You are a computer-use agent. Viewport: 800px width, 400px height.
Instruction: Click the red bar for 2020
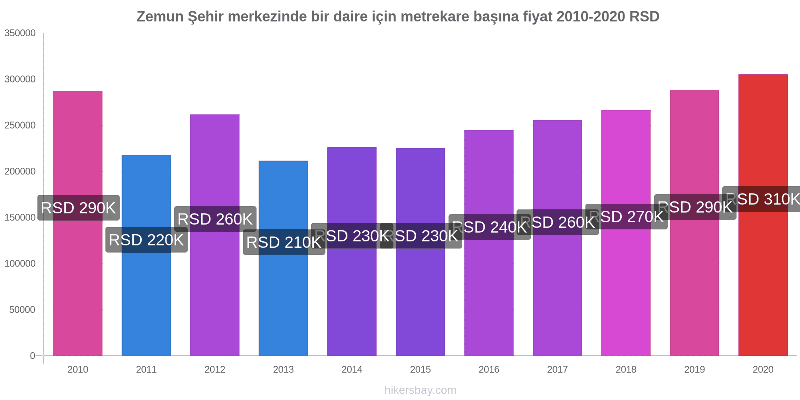pos(763,280)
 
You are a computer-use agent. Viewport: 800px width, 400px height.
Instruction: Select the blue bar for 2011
pos(146,300)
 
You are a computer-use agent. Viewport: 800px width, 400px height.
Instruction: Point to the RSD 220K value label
pos(146,240)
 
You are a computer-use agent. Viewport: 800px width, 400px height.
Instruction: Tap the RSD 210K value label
pos(284,242)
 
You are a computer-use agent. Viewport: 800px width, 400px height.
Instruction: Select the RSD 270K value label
pos(626,217)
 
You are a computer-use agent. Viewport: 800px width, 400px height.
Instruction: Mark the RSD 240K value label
pos(489,227)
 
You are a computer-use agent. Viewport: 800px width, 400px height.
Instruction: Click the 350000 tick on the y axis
pos(20,33)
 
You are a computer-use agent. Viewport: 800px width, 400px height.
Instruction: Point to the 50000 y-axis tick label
pos(23,310)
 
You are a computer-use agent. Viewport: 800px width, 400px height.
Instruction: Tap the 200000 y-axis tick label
pos(20,171)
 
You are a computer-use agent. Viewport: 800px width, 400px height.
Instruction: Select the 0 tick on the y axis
pos(33,356)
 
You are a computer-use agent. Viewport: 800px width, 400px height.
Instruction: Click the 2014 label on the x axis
pos(352,369)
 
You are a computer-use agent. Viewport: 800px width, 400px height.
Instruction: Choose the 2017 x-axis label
pos(557,369)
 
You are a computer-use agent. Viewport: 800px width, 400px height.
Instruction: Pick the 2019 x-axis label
pos(694,369)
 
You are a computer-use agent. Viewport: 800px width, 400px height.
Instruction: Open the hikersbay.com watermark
pos(420,390)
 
